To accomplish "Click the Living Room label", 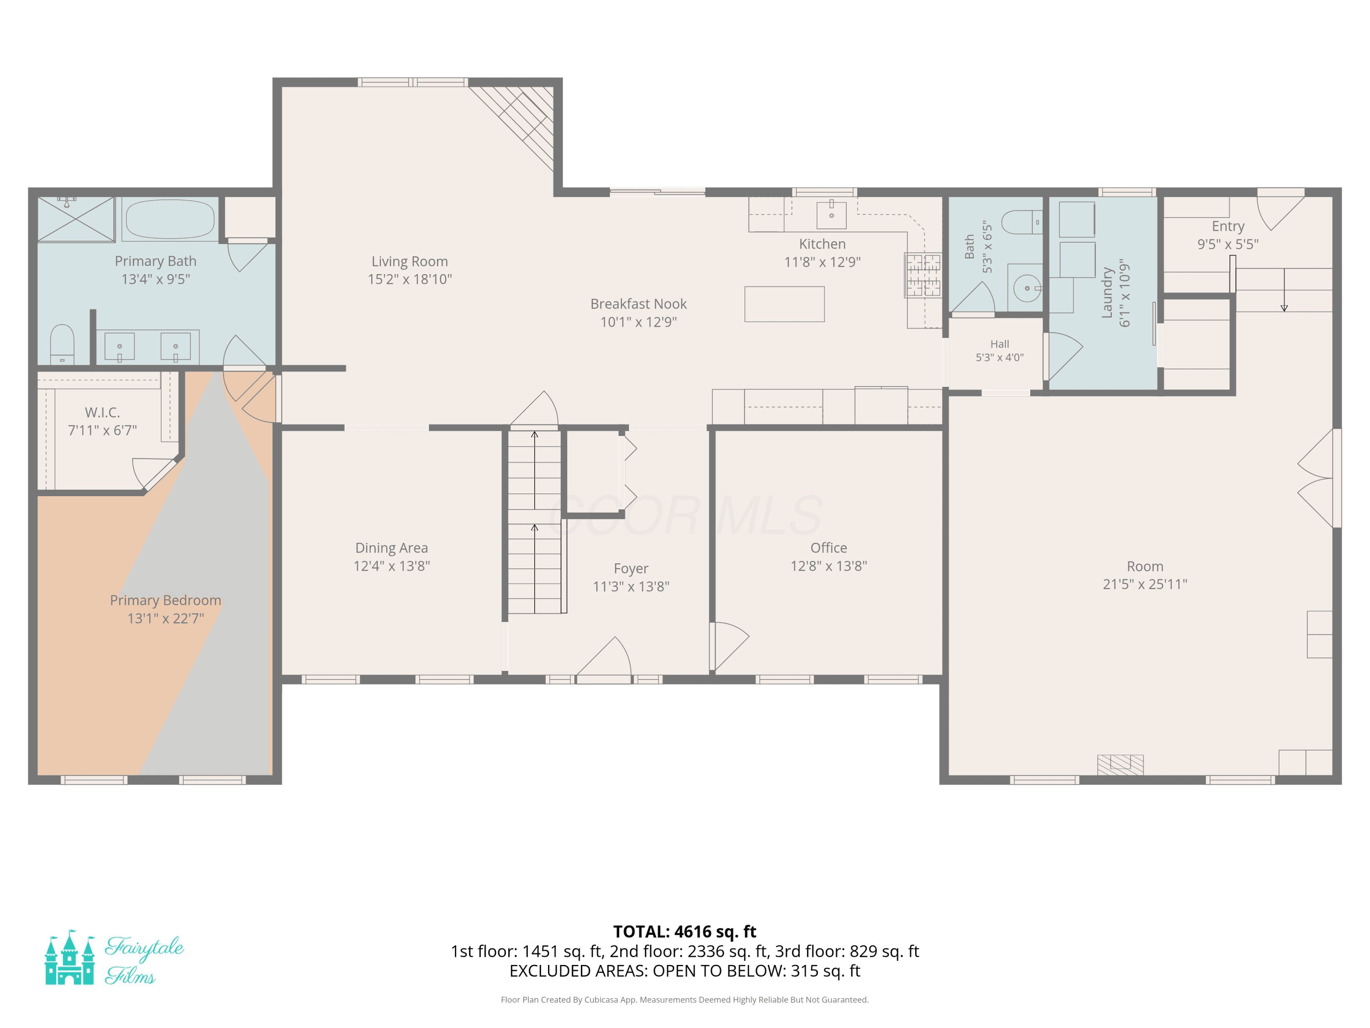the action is pos(409,261).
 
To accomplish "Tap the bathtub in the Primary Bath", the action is pos(170,219).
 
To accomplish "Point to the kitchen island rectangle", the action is pos(784,304).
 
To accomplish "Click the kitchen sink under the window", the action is pos(831,214).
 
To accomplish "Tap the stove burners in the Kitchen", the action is pos(923,275).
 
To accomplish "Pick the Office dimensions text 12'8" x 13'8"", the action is pos(829,566).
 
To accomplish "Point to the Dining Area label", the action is pos(391,548).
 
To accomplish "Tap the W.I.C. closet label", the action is pos(102,412).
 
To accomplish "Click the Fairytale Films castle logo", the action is pos(70,957).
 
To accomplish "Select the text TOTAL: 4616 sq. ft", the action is pos(685,931).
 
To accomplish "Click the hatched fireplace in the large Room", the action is pos(1120,765).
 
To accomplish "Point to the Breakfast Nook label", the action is pos(638,304).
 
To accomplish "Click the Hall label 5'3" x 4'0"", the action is pos(1000,351).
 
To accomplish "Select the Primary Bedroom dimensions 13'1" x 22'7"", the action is pos(165,619).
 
